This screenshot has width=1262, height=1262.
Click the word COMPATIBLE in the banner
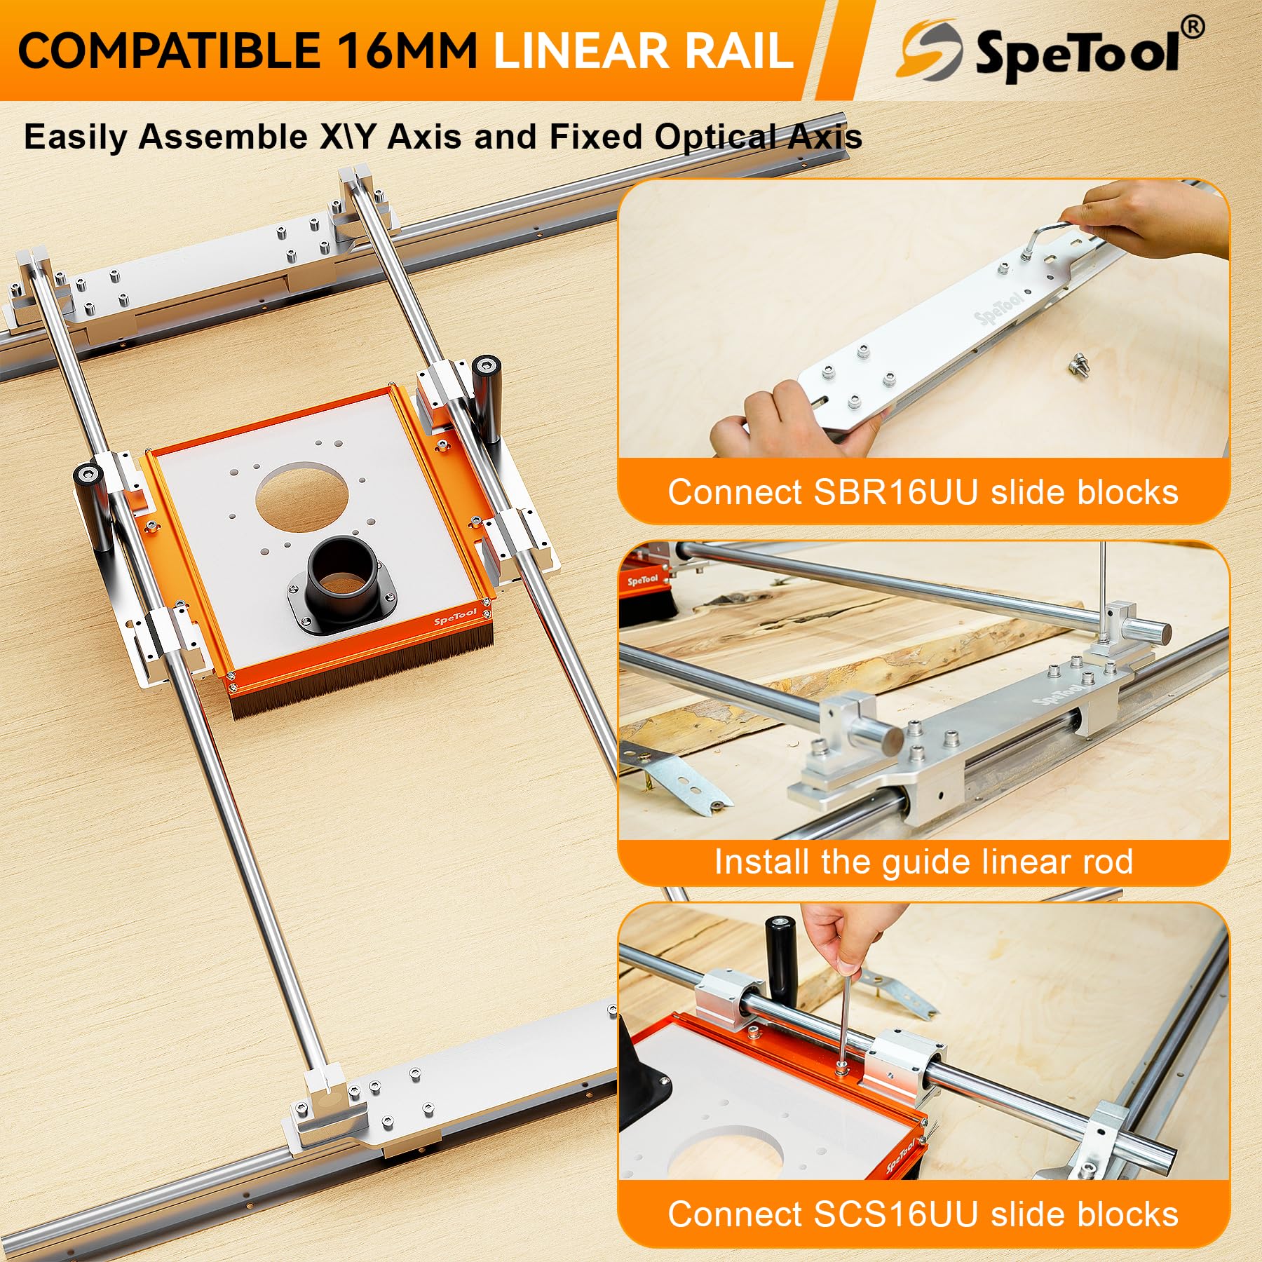tap(169, 50)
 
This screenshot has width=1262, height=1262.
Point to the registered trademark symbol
tap(1193, 27)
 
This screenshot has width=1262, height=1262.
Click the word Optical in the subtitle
tap(714, 137)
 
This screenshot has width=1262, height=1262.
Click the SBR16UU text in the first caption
tap(895, 492)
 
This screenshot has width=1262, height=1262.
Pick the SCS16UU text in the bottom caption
tap(895, 1214)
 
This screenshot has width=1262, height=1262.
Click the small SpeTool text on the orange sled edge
tap(455, 618)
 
